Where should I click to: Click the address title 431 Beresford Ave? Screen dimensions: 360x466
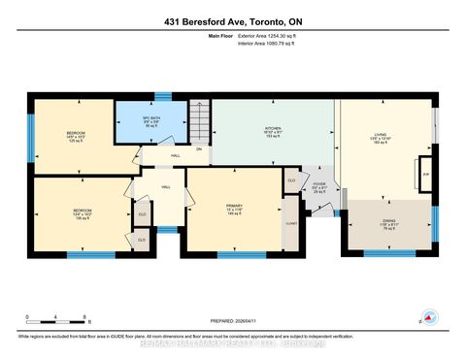tap(233, 16)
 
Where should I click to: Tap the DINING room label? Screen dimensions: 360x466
tap(388, 223)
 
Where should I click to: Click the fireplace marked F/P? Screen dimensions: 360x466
tap(424, 175)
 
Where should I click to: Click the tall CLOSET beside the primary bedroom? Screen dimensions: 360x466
tap(291, 221)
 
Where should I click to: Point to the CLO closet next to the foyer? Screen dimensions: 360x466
tap(291, 180)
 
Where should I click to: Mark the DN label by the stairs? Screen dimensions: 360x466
tap(199, 148)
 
